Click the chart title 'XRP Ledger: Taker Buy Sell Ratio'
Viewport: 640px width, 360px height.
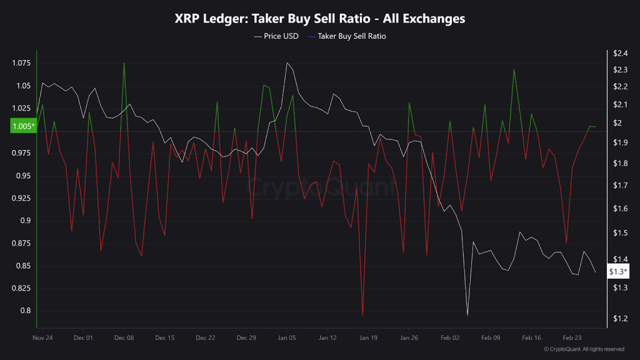coord(319,19)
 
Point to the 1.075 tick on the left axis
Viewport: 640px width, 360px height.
coord(21,63)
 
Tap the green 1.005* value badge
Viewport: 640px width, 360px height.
coord(23,127)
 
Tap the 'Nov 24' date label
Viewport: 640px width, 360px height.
coord(42,337)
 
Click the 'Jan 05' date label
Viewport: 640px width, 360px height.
coord(287,337)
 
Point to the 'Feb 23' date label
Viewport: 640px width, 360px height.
coord(572,337)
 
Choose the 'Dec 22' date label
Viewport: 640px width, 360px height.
coord(205,337)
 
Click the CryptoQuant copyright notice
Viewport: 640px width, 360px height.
coord(584,349)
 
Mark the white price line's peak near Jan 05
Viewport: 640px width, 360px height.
coord(287,62)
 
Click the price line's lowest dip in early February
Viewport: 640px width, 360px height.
coord(467,314)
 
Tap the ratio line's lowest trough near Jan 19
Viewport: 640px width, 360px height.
coord(362,316)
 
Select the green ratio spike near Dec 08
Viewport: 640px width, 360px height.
coord(124,62)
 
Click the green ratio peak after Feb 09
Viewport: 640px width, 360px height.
coord(514,69)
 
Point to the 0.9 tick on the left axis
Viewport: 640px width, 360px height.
coord(25,221)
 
